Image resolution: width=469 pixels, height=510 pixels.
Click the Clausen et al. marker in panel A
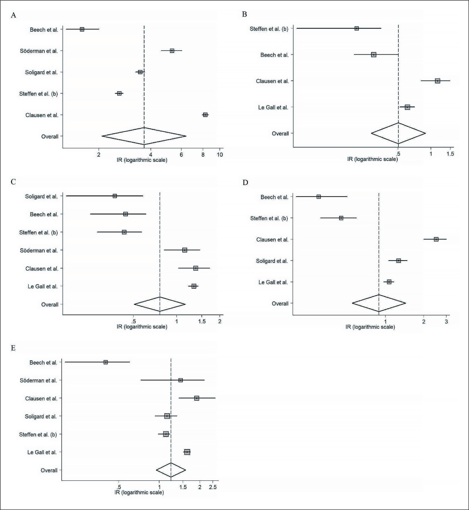tap(205, 115)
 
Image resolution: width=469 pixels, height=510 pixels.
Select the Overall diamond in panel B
tap(398, 133)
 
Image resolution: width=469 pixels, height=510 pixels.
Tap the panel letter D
tap(245, 182)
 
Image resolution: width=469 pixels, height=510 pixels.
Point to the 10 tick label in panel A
tap(220, 155)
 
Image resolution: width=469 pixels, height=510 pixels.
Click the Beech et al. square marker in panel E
tap(106, 362)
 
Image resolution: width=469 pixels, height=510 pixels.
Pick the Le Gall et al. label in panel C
tap(43, 286)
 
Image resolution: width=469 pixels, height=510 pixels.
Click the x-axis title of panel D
tap(370, 327)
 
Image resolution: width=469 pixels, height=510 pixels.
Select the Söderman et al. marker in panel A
tap(172, 51)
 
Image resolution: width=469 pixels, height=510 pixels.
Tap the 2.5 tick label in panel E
tap(213, 487)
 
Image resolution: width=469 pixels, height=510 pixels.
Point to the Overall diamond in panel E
tap(171, 470)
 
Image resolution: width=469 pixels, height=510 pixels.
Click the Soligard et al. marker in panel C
tap(115, 196)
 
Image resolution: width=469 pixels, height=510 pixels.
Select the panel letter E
tap(13, 348)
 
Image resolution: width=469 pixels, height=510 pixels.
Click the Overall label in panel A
tap(50, 137)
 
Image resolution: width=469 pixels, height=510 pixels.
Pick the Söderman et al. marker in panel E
tap(180, 380)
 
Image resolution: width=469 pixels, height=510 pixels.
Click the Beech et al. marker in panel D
tap(319, 197)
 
